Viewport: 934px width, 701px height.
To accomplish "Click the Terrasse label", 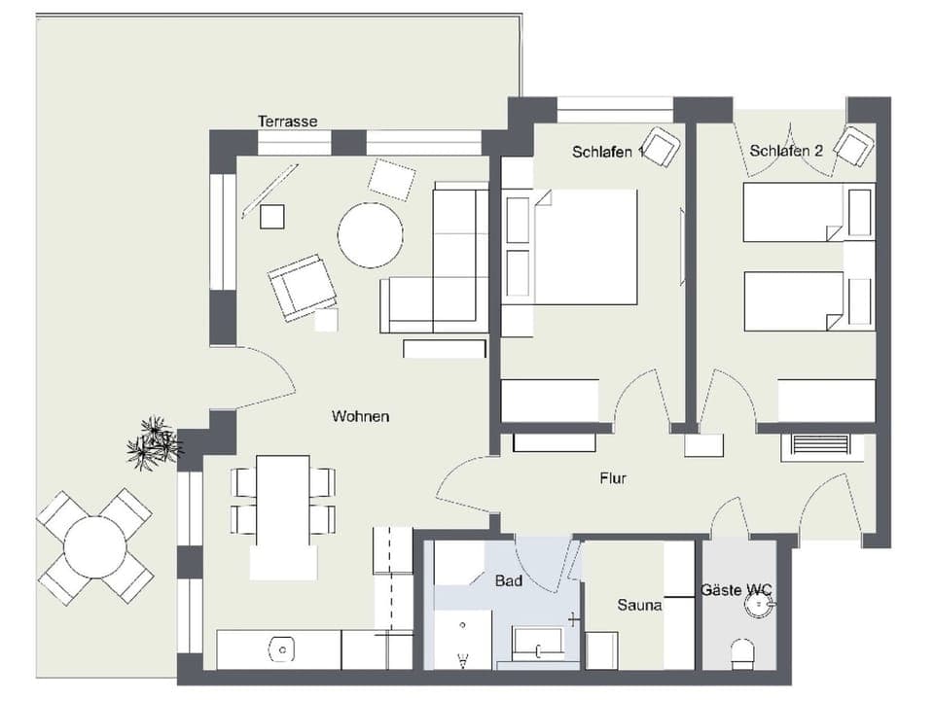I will tap(287, 122).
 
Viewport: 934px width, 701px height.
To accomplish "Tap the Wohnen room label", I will tap(360, 416).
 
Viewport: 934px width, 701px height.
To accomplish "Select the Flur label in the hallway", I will tap(613, 478).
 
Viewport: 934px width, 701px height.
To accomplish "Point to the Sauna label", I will tap(639, 605).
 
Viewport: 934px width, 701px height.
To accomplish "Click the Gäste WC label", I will tap(736, 590).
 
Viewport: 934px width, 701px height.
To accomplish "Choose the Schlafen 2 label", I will tap(786, 151).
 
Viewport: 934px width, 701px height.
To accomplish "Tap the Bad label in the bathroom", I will tap(508, 581).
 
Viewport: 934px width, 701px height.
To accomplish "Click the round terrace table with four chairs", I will tap(94, 546).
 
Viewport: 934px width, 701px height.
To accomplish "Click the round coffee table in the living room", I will tap(370, 235).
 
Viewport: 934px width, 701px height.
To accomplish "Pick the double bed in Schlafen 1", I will tap(582, 246).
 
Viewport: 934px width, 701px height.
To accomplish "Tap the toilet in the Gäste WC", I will tap(742, 653).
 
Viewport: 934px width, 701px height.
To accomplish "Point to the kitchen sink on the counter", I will tap(282, 648).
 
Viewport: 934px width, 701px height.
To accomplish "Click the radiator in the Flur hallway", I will tap(821, 445).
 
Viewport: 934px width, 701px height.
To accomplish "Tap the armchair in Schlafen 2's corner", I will tap(853, 147).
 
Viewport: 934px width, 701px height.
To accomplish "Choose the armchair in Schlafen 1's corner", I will tap(661, 147).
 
